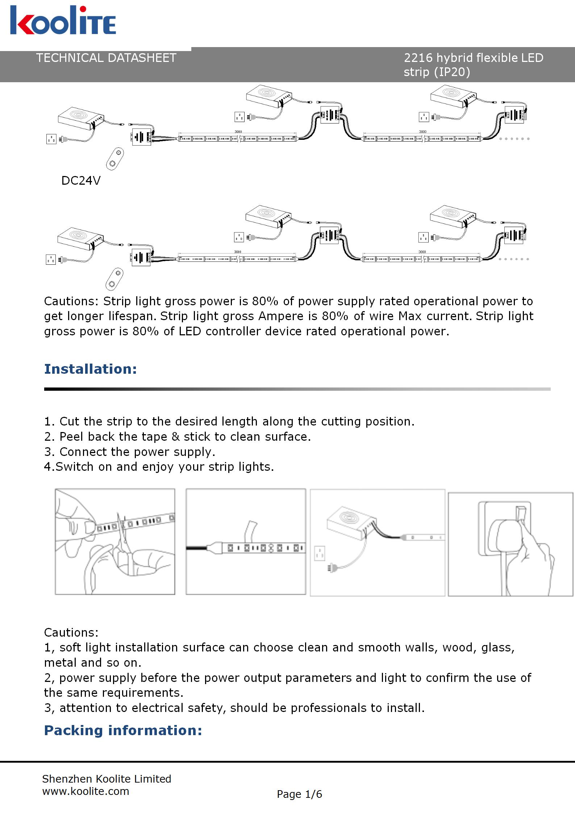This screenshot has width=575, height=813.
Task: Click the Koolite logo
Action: [63, 21]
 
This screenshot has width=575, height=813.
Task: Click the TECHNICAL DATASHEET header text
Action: [106, 58]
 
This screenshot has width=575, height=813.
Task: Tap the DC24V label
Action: [81, 180]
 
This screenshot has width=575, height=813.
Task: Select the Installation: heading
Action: [91, 369]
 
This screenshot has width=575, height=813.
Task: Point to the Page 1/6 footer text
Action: [299, 794]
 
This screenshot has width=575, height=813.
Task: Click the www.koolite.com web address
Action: [86, 791]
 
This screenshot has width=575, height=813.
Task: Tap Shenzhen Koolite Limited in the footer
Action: [107, 779]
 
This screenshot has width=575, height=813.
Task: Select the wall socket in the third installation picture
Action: [319, 553]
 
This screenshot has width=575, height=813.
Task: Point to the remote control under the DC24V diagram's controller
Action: [115, 159]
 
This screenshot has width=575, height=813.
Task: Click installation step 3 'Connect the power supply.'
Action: [130, 452]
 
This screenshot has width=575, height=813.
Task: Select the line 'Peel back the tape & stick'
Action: [178, 436]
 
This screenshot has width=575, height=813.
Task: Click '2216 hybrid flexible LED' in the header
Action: [473, 58]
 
